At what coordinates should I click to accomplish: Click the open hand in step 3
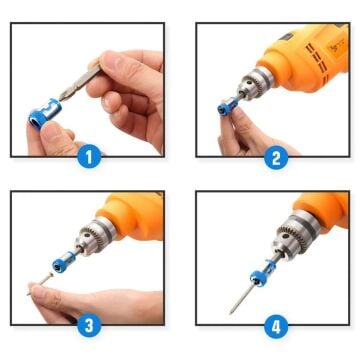100,300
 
